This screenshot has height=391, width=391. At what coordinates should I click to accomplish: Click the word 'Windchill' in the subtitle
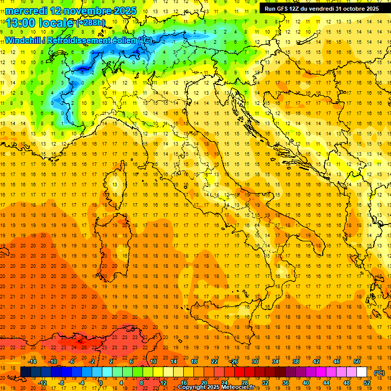pos(24,40)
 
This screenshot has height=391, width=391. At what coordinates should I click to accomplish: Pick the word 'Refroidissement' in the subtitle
pos(82,40)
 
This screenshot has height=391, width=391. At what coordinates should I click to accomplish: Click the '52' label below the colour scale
pos(367,383)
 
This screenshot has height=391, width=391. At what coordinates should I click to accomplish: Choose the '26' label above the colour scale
pos(234,361)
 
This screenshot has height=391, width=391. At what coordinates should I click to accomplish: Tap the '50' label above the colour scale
pos(357,361)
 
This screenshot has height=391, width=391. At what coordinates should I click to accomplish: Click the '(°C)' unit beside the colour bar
pos(379,372)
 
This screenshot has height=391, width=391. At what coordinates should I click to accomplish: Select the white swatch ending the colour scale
pos(361,372)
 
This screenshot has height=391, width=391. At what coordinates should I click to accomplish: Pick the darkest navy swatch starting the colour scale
pos(25,372)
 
